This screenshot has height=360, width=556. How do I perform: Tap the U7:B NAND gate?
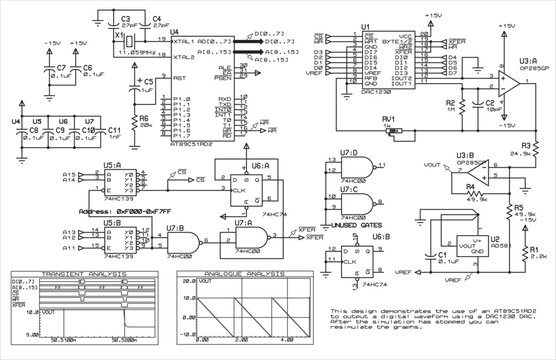coord(181,241)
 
